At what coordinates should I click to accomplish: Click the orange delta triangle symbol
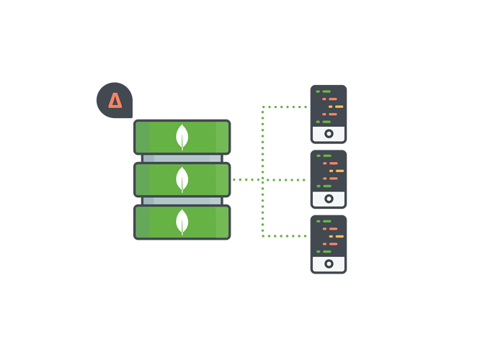tap(115, 100)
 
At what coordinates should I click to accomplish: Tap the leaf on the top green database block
tap(182, 136)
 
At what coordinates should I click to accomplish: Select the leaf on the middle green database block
tap(182, 179)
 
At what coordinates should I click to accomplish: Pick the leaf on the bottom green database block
tap(182, 222)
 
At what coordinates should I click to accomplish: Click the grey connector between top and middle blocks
tap(182, 158)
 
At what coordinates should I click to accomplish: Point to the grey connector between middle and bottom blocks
tap(182, 201)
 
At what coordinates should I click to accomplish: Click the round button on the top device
tap(329, 134)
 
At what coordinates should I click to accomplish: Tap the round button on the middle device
tap(329, 199)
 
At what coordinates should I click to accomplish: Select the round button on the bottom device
tap(329, 264)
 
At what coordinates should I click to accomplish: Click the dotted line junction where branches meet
tap(263, 179)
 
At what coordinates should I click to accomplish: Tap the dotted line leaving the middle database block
tap(245, 179)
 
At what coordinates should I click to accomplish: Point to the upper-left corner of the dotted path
tap(263, 107)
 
